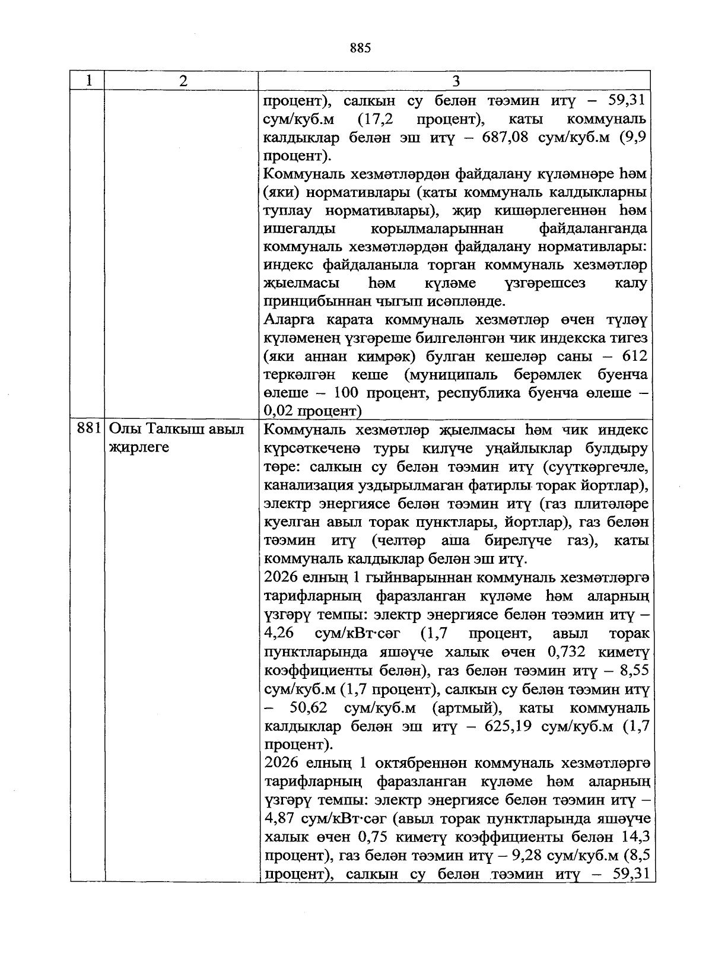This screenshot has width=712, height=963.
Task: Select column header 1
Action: pyautogui.click(x=88, y=81)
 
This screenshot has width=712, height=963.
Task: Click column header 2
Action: pyautogui.click(x=182, y=81)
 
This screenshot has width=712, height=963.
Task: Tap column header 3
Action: pyautogui.click(x=456, y=81)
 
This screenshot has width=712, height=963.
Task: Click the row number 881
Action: pyautogui.click(x=88, y=429)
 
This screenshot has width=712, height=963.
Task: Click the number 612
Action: pyautogui.click(x=633, y=355)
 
